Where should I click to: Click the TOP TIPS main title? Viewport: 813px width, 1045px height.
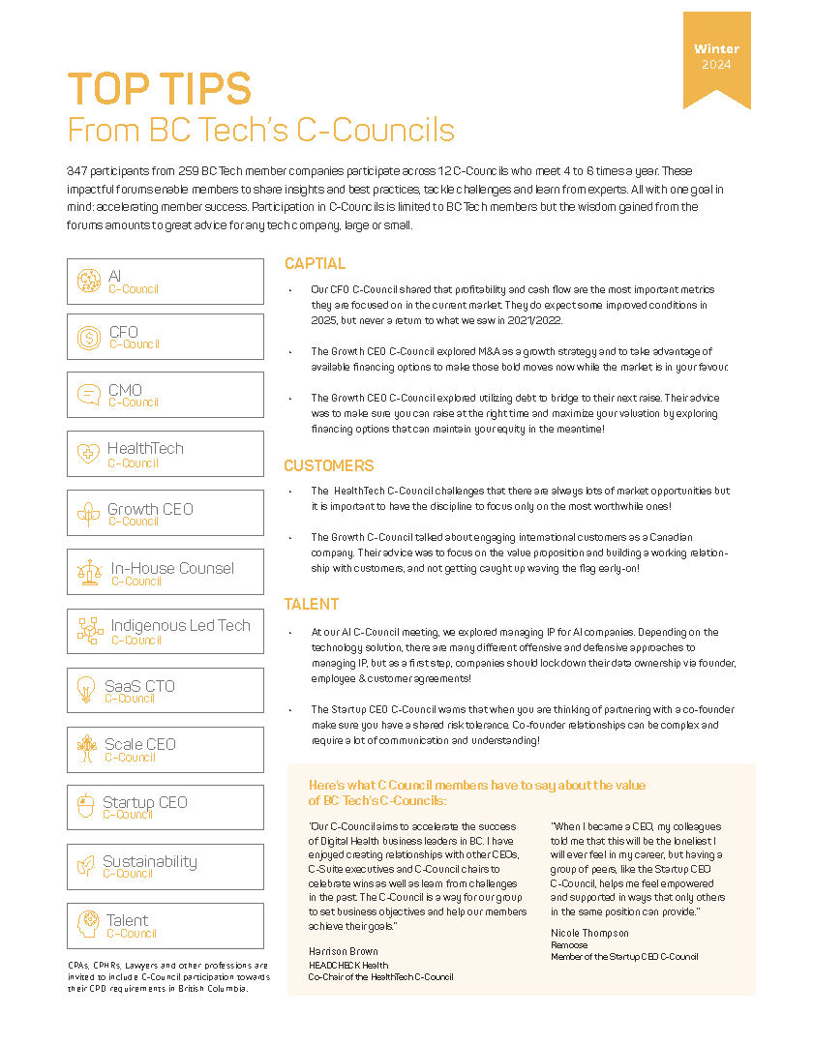(x=159, y=89)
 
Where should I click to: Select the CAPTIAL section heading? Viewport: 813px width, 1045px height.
(x=315, y=263)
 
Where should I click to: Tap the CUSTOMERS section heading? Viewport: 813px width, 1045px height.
(x=328, y=465)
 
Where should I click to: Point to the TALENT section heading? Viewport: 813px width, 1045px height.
(x=311, y=604)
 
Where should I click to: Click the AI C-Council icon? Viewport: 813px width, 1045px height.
(x=89, y=281)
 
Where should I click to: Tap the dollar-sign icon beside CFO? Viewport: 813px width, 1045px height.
(x=89, y=338)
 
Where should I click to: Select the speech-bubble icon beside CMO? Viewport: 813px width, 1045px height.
(x=89, y=395)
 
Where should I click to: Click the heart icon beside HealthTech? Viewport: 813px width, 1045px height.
(x=89, y=454)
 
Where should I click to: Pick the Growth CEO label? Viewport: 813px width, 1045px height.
(x=150, y=509)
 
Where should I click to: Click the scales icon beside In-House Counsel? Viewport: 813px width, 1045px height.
(x=89, y=574)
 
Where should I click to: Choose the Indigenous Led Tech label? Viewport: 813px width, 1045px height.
(x=180, y=626)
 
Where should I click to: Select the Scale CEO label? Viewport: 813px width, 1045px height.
(x=140, y=744)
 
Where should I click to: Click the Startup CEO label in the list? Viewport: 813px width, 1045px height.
(x=145, y=802)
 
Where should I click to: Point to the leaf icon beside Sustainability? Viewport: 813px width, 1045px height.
(x=86, y=864)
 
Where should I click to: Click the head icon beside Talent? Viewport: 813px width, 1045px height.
(x=88, y=925)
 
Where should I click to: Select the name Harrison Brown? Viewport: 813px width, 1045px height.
(x=342, y=951)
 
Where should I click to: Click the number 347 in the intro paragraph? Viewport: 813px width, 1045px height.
(x=77, y=170)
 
